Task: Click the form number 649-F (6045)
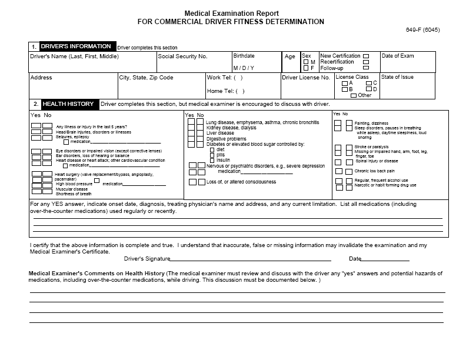422,30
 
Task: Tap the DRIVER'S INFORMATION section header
75,46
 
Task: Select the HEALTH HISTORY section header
68,104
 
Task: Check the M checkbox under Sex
306,62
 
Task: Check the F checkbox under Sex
306,68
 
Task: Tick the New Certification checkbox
366,56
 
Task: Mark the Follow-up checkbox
366,68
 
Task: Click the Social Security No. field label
183,56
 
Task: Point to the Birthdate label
244,56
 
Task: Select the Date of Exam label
398,56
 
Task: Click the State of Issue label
397,77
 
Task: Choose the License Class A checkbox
345,83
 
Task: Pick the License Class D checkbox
369,89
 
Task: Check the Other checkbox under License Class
354,95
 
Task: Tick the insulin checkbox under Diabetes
212,160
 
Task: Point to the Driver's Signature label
147,259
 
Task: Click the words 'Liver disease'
220,133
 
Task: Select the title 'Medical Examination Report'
232,13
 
